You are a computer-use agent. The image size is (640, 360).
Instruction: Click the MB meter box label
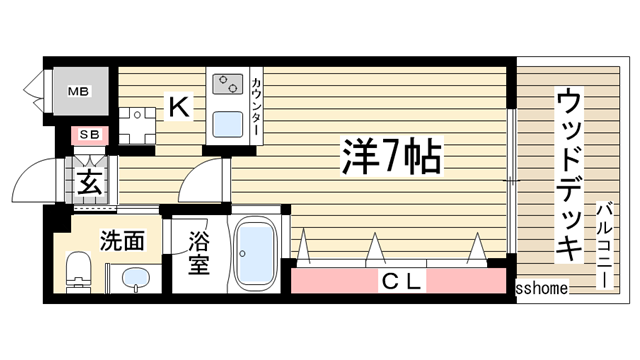click(x=78, y=92)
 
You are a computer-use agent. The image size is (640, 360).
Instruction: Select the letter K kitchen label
click(x=178, y=105)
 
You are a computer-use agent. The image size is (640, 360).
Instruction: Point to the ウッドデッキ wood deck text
click(x=569, y=175)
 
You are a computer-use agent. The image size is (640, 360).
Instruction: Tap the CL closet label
click(x=401, y=281)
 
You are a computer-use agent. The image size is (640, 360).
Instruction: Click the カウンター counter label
click(x=257, y=106)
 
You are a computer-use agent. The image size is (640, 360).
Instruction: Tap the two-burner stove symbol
click(x=226, y=83)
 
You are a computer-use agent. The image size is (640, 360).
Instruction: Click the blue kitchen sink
click(x=228, y=124)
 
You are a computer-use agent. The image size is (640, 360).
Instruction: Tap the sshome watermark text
click(x=542, y=288)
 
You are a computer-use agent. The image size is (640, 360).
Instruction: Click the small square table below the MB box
click(x=133, y=122)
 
